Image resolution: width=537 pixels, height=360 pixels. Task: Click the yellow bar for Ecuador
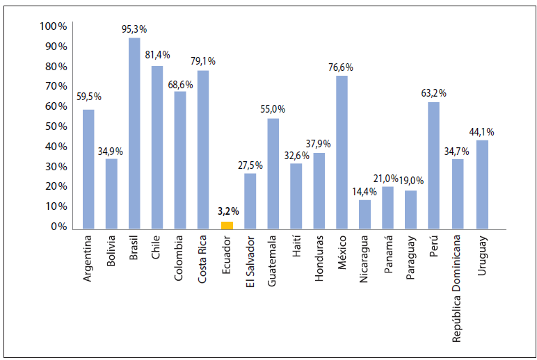pos(227,224)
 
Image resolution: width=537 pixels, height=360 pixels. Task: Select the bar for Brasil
pos(134,132)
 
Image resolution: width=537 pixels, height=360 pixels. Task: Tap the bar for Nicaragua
pos(365,213)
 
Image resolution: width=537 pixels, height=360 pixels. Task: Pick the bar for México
pos(342,151)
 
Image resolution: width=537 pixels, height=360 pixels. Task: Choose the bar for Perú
pos(434,165)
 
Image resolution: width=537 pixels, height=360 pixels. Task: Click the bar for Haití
pos(296,195)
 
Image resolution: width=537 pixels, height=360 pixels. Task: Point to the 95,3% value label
pos(134,30)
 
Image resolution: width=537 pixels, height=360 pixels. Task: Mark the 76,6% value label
pos(342,67)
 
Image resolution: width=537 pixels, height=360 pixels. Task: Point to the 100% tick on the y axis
pos(54,26)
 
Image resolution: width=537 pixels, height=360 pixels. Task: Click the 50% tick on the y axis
pos(56,126)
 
